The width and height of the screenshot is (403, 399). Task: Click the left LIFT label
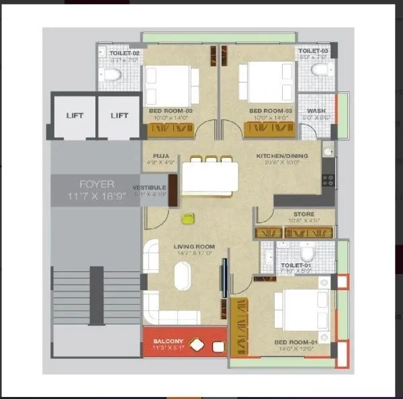coord(75,116)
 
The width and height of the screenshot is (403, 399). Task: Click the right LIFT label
coord(120,116)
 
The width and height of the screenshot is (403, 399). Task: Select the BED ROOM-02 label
coord(170,111)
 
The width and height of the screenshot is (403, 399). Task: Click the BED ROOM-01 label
coord(294,343)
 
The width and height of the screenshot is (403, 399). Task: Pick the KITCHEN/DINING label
coord(282,156)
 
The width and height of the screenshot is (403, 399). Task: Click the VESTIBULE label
coord(149,187)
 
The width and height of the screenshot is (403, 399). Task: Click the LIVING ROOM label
coord(193,247)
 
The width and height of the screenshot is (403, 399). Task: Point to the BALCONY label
coord(167,341)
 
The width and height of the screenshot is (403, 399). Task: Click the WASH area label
coord(316,111)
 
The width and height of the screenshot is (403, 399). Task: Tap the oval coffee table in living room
coord(183,276)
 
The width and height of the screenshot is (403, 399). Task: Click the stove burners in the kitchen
coord(328,179)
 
